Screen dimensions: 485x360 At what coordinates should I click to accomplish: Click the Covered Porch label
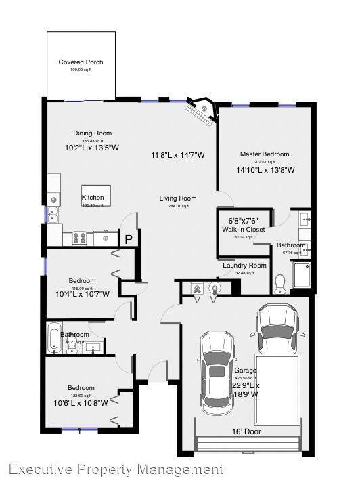(81, 62)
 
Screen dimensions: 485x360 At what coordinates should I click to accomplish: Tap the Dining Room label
(92, 133)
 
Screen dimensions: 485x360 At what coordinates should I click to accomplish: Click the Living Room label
(178, 198)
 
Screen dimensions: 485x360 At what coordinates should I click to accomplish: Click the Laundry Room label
(244, 266)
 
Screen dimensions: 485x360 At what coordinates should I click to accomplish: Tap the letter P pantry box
(127, 238)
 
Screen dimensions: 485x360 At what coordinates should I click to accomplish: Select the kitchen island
(93, 196)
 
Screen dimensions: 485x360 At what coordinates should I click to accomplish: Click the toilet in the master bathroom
(279, 283)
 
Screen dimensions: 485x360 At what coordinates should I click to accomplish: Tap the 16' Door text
(246, 431)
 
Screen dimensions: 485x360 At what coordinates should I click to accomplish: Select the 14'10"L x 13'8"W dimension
(265, 170)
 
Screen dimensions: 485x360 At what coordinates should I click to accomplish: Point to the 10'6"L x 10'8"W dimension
(80, 402)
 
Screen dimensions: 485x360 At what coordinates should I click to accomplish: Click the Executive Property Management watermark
(116, 469)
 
